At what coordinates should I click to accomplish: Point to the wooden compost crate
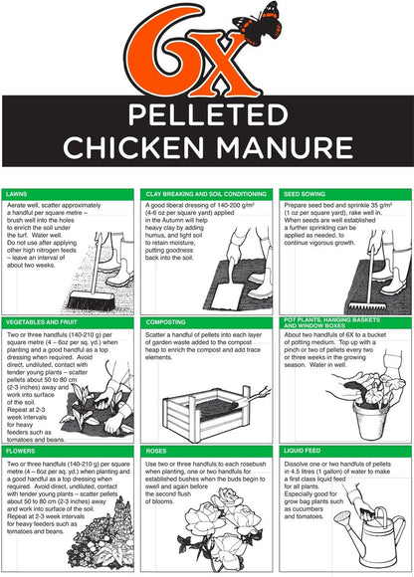coord(198,409)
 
